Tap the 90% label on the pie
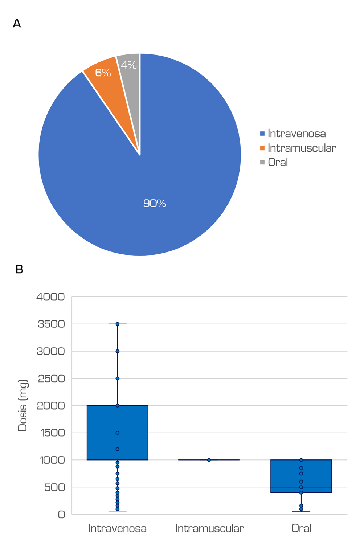155,203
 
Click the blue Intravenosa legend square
262,134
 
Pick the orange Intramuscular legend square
262,148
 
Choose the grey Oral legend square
262,162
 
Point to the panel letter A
17,24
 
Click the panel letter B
20,269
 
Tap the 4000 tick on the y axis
50,297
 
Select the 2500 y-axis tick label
51,379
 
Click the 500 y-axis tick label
54,487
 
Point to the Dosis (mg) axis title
22,405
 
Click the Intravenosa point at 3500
118,324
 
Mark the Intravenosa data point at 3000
118,351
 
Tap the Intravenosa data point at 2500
118,379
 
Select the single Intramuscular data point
209,460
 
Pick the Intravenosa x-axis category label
118,528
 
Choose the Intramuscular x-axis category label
209,528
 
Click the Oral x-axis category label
302,528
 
